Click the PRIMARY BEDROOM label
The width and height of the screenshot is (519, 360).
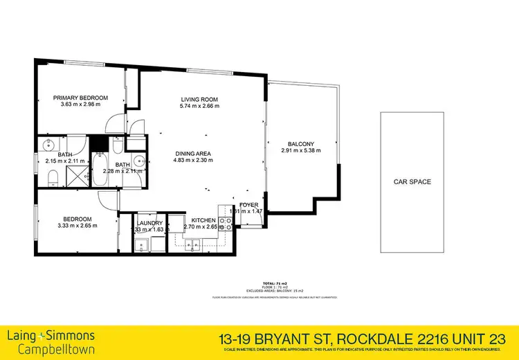coord(80,98)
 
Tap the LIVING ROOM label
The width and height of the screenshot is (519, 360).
coord(195,98)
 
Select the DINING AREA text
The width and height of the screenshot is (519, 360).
coord(192,153)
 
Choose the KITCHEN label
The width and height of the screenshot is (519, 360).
coord(194,220)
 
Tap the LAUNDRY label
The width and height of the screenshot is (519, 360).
coord(149,222)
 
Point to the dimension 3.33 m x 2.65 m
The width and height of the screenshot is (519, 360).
coord(78,225)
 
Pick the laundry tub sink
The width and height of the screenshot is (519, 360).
coord(141,244)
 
